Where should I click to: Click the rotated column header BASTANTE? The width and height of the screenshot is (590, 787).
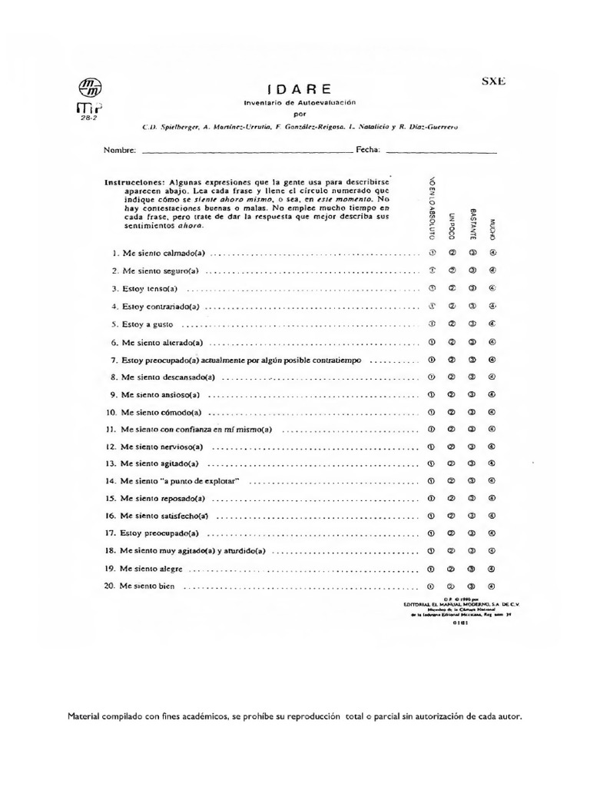coord(472,223)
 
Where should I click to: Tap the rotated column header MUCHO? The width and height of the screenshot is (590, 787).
coord(492,226)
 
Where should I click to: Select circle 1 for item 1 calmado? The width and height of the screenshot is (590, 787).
coord(432,251)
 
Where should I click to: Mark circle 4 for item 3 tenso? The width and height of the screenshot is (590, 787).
coord(492,288)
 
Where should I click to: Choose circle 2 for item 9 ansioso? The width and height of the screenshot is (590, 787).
coord(452,395)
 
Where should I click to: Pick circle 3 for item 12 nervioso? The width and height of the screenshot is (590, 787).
coord(472,447)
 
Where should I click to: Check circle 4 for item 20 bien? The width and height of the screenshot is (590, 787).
coord(492,586)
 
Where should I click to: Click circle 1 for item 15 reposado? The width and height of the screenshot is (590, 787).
coord(432,499)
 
